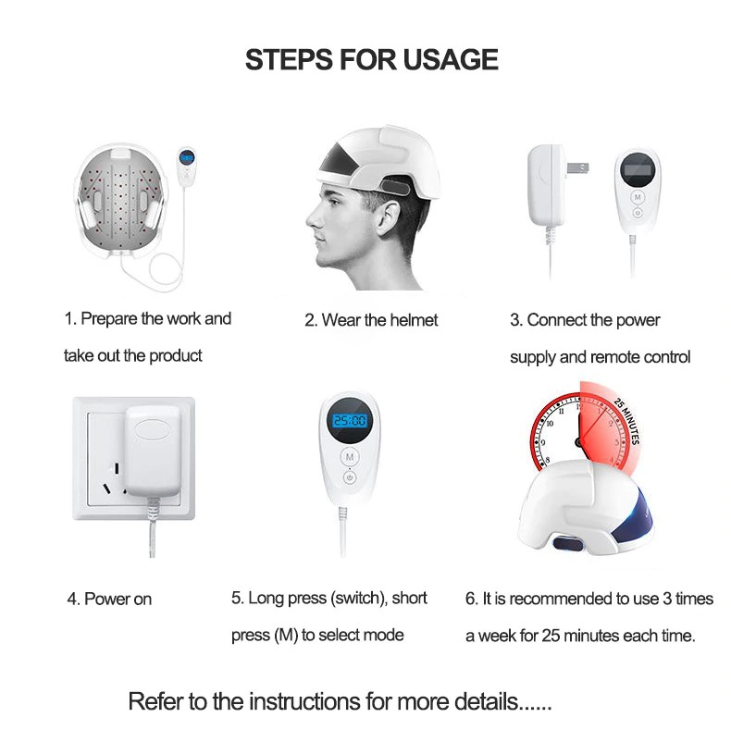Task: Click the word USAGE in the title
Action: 451,60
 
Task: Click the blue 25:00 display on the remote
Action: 349,420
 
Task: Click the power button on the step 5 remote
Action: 349,477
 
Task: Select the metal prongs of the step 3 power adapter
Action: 577,167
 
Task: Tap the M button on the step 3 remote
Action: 638,197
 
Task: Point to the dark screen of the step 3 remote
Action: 637,170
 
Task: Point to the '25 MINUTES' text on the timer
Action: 627,422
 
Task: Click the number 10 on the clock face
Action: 550,423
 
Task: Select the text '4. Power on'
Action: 109,600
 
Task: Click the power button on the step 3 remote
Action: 638,213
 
